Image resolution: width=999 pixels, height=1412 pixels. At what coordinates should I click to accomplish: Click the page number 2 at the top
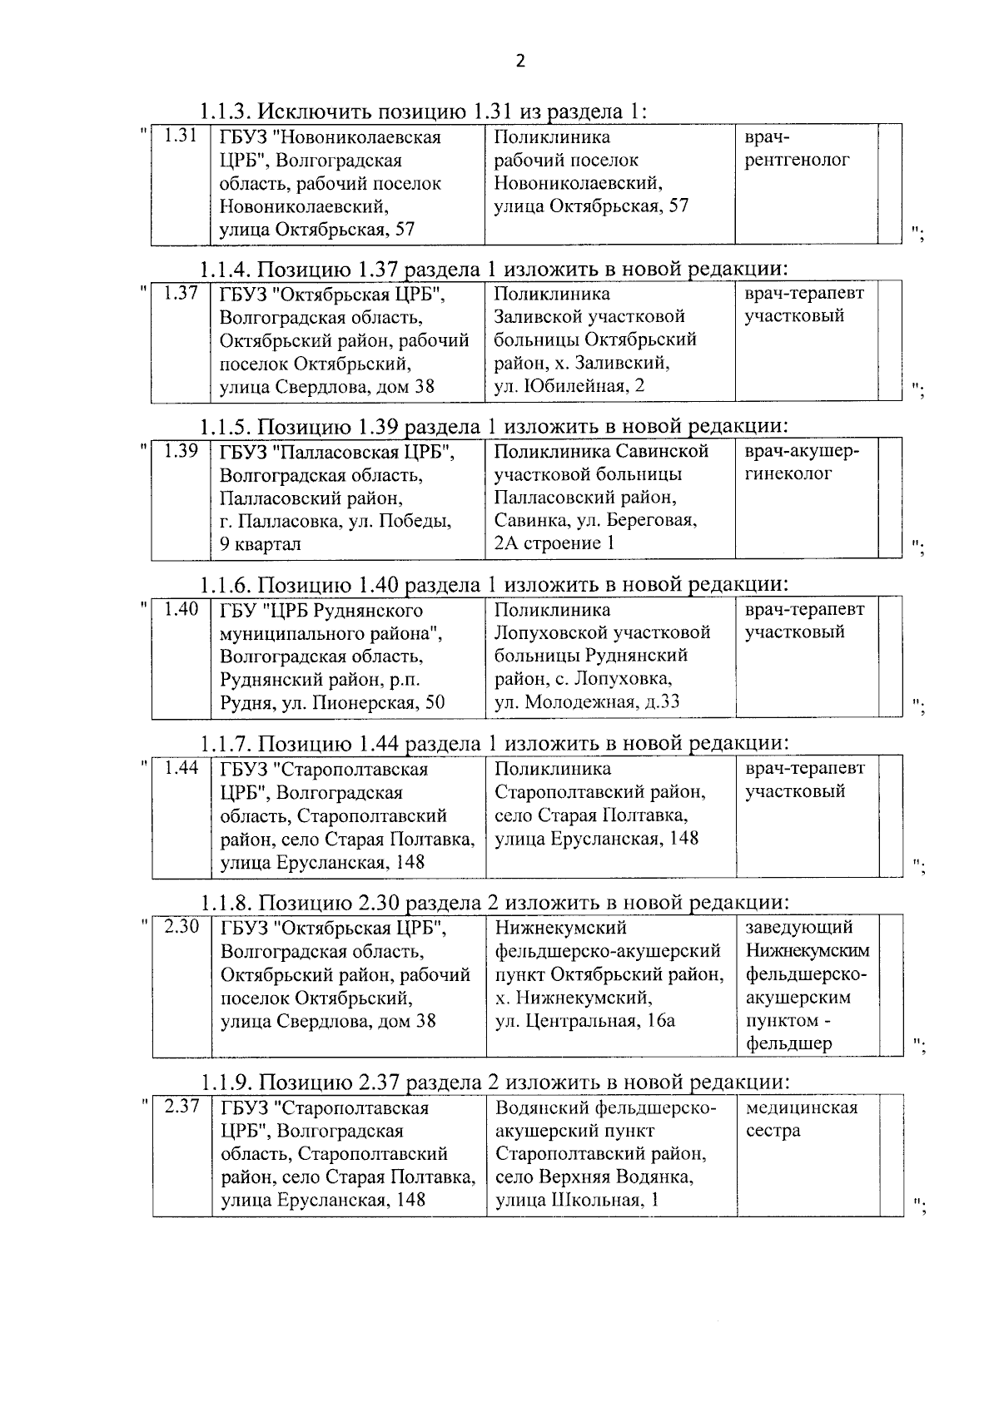tap(520, 60)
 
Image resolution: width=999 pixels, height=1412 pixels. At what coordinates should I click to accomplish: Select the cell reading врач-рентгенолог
tap(797, 148)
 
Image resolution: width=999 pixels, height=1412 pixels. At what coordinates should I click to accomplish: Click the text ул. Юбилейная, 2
tap(569, 385)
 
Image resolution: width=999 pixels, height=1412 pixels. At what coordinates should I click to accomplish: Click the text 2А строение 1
tap(554, 543)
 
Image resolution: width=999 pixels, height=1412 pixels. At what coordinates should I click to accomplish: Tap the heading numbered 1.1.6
tap(494, 585)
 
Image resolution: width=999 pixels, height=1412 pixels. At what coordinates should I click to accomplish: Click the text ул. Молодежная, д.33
tap(587, 701)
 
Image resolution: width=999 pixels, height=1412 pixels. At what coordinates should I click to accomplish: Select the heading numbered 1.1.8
tap(495, 902)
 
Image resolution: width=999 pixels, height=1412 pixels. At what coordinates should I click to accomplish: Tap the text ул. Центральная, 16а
tap(584, 1020)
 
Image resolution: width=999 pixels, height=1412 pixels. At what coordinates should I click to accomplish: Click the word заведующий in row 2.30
tap(799, 927)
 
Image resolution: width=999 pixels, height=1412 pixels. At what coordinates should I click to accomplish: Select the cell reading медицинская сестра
tap(801, 1118)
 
